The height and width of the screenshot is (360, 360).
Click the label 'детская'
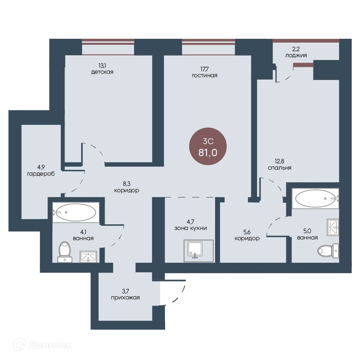(x=102, y=72)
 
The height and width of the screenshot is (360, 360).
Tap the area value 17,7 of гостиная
(x=205, y=69)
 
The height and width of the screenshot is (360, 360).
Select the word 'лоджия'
(x=296, y=56)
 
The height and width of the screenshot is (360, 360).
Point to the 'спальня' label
(x=279, y=168)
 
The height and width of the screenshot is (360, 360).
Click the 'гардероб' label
(x=41, y=174)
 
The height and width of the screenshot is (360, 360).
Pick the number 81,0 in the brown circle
(x=208, y=153)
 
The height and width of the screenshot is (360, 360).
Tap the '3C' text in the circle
(x=208, y=141)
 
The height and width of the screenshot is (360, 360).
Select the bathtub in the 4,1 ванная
(x=76, y=212)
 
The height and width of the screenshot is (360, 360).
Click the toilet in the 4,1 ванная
(x=65, y=252)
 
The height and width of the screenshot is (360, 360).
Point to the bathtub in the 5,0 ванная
(x=315, y=199)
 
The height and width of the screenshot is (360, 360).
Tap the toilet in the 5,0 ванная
(x=328, y=251)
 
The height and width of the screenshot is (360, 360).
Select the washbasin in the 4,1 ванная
(x=88, y=257)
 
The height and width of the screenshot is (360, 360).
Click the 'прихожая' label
(x=126, y=298)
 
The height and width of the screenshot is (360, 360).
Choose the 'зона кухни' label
(x=190, y=228)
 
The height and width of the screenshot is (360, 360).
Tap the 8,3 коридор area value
(x=127, y=184)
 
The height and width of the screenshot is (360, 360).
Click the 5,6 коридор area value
(x=247, y=232)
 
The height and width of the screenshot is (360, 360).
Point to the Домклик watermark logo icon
(x=20, y=344)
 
